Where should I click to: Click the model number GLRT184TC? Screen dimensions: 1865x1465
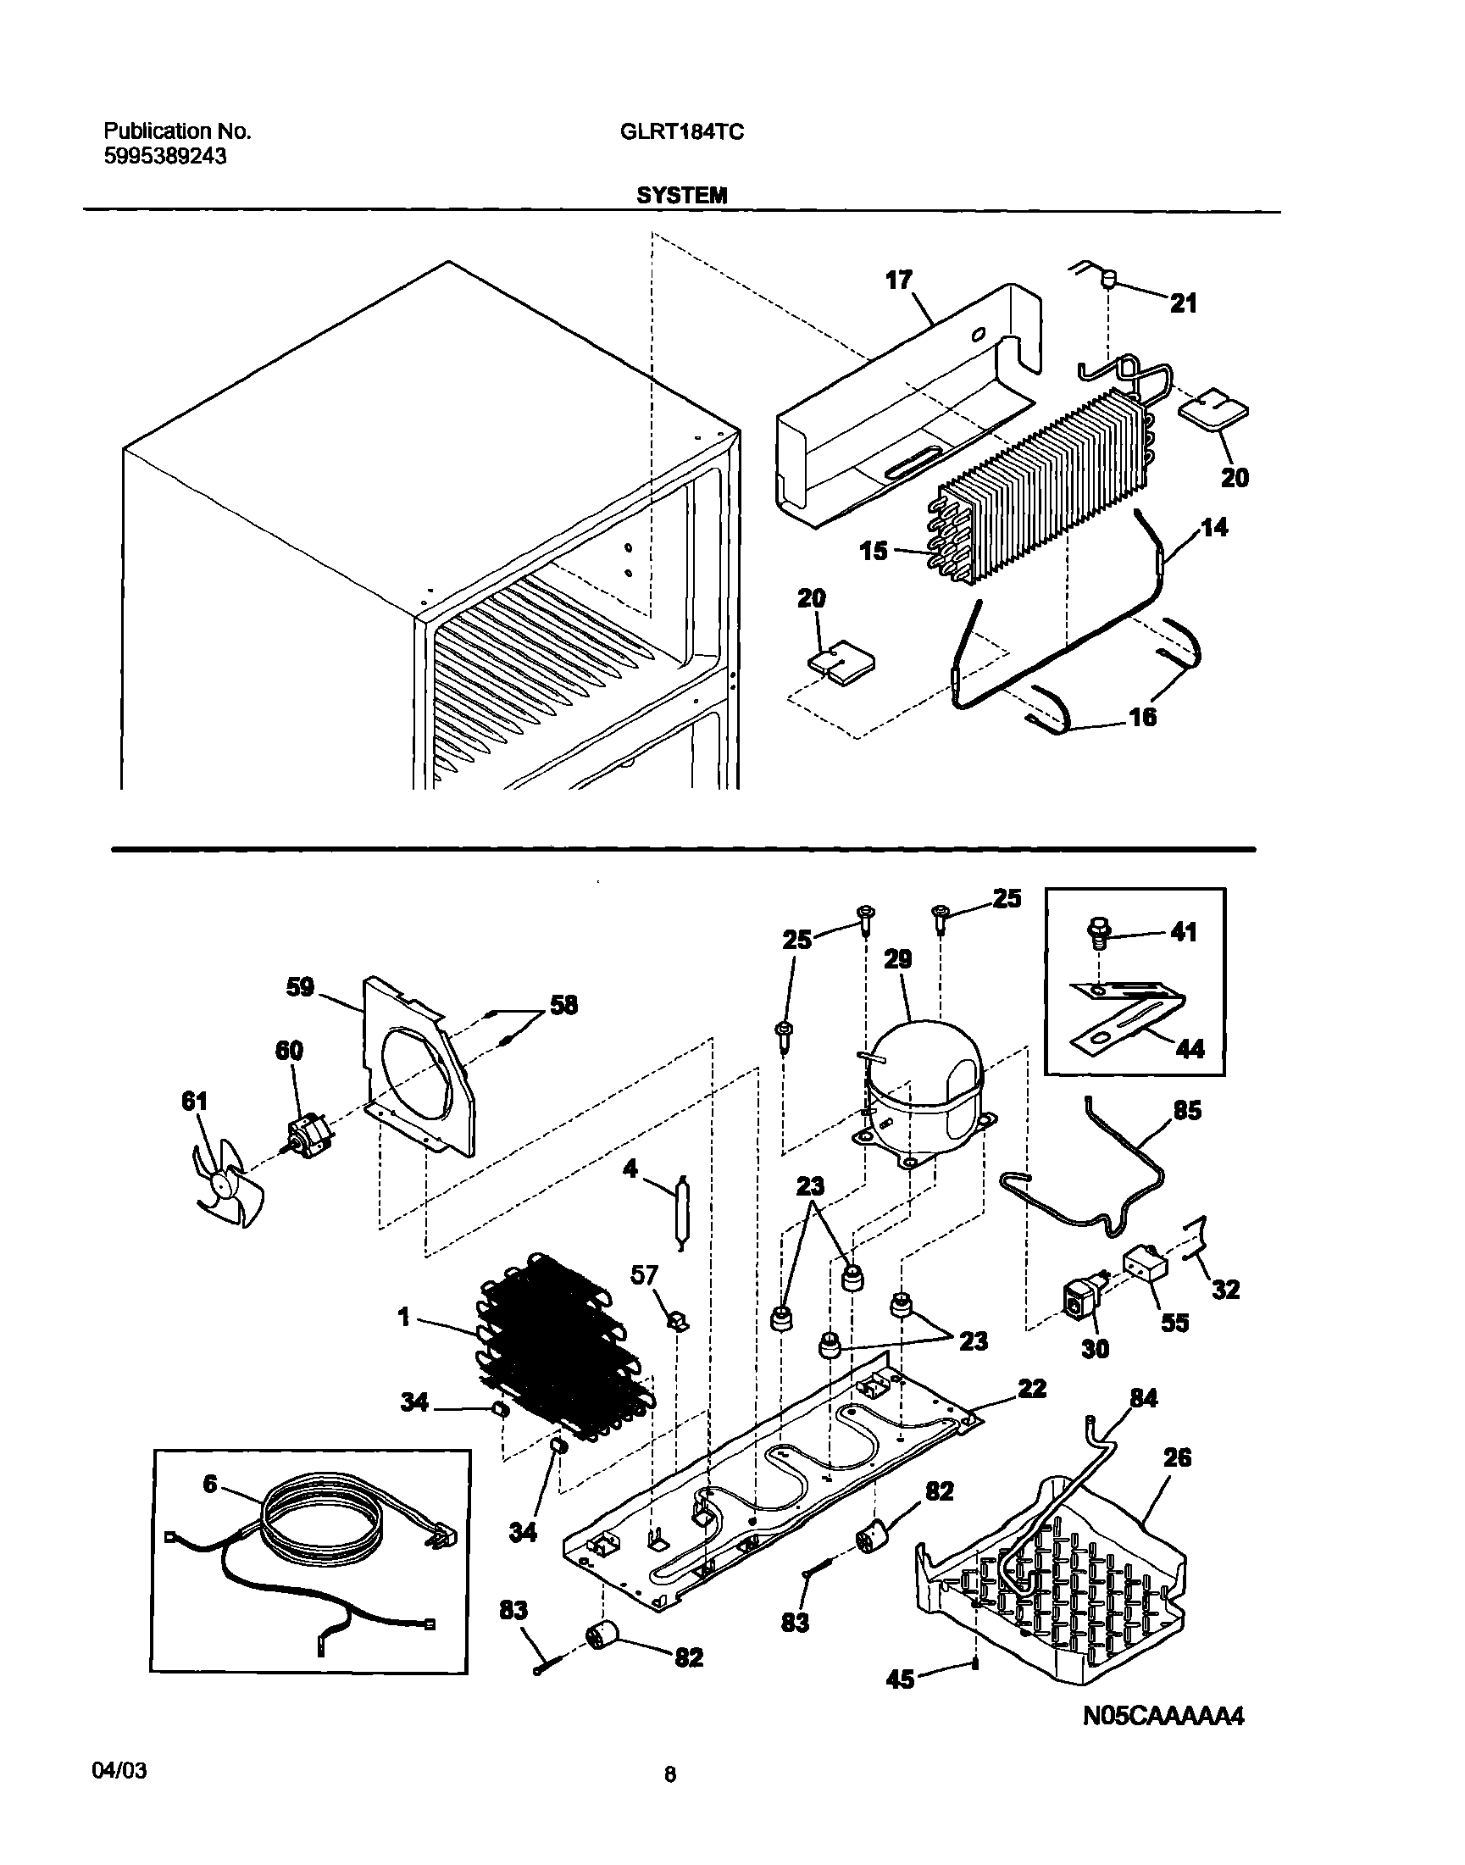point(681,131)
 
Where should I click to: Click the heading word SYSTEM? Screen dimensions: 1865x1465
point(681,196)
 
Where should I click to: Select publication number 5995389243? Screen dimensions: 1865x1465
point(164,156)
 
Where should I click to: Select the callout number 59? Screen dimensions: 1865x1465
point(299,987)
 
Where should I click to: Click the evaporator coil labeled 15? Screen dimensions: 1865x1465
point(1038,489)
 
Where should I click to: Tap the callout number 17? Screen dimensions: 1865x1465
point(898,280)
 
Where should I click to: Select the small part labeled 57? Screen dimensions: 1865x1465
point(678,1319)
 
